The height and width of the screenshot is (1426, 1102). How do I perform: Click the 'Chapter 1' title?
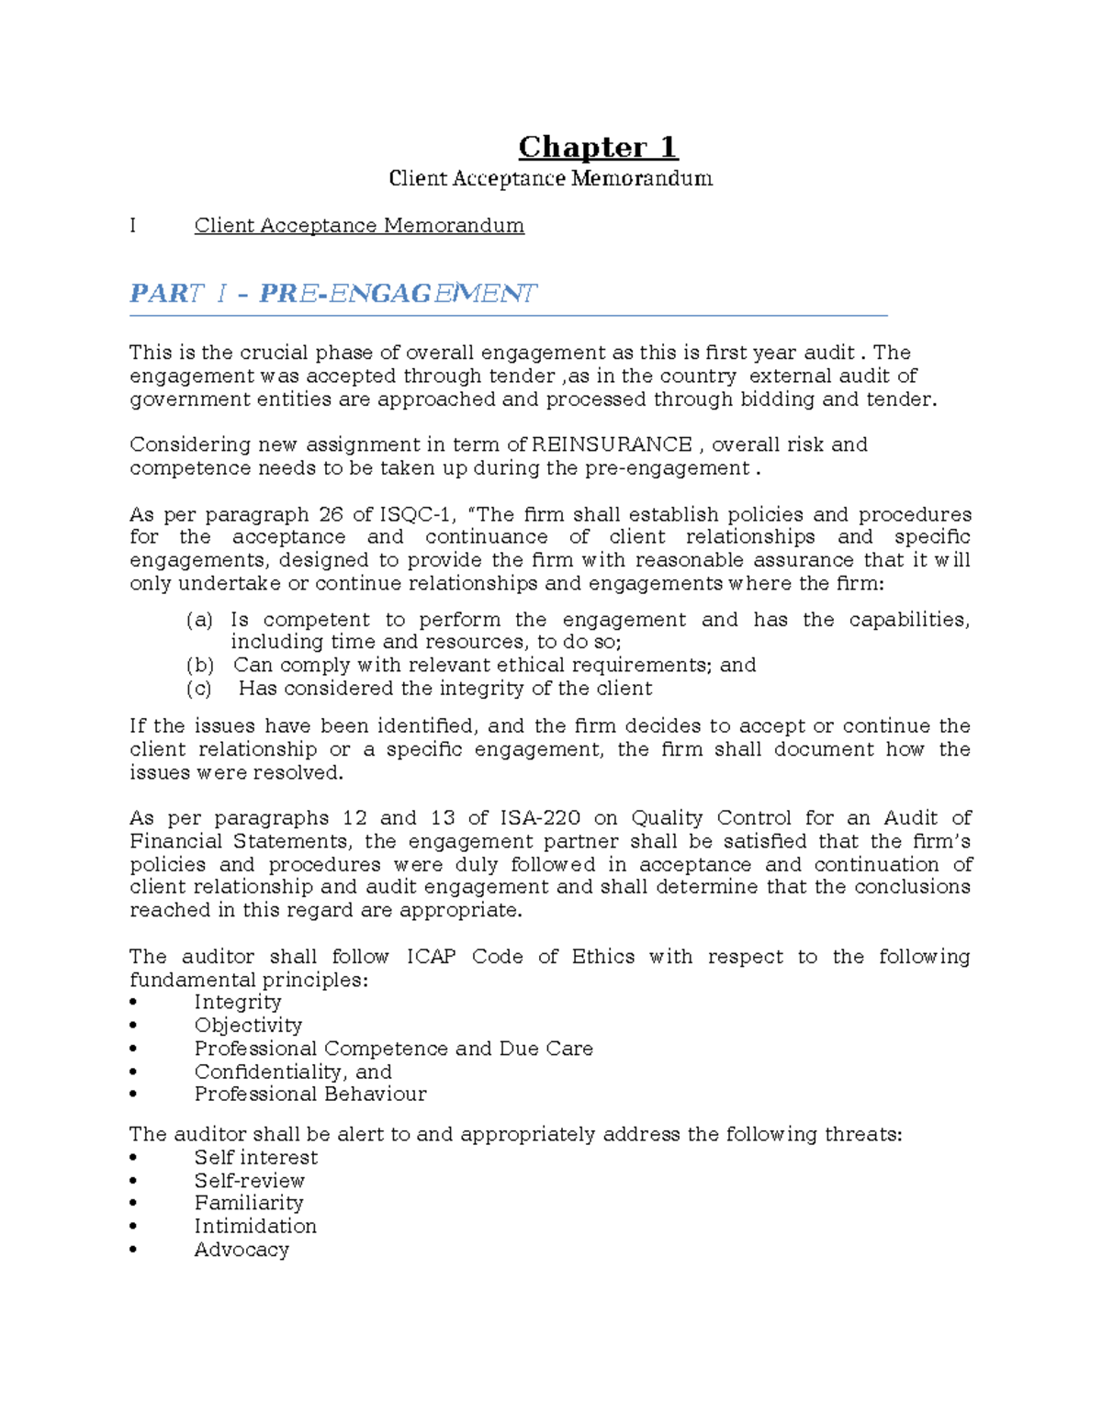tap(598, 147)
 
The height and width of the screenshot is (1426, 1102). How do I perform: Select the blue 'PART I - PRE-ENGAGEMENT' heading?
tap(332, 294)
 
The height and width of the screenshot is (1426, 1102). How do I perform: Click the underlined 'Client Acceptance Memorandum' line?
tap(359, 226)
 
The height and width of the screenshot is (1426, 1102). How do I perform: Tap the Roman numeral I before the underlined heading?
tap(133, 226)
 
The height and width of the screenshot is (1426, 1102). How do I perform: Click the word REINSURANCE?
tap(612, 445)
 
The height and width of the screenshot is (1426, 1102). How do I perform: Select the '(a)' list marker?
tap(199, 620)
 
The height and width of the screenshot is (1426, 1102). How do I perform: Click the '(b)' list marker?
tap(199, 665)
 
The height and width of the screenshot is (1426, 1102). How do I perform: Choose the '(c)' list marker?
tap(198, 689)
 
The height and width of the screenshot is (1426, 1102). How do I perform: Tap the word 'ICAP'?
tap(431, 957)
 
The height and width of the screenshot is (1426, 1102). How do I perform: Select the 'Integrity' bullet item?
tap(238, 1003)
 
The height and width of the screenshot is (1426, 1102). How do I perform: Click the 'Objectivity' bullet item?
tap(248, 1026)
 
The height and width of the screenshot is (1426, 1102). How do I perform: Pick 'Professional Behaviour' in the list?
tap(310, 1095)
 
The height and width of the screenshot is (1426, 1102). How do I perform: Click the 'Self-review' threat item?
tap(249, 1181)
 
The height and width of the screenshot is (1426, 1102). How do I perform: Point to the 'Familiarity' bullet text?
tap(248, 1203)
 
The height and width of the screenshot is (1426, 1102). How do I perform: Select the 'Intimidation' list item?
tap(255, 1227)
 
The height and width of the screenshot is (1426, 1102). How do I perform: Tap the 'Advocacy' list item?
tap(242, 1250)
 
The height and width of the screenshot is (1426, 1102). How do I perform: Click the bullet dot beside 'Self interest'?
tap(134, 1158)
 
